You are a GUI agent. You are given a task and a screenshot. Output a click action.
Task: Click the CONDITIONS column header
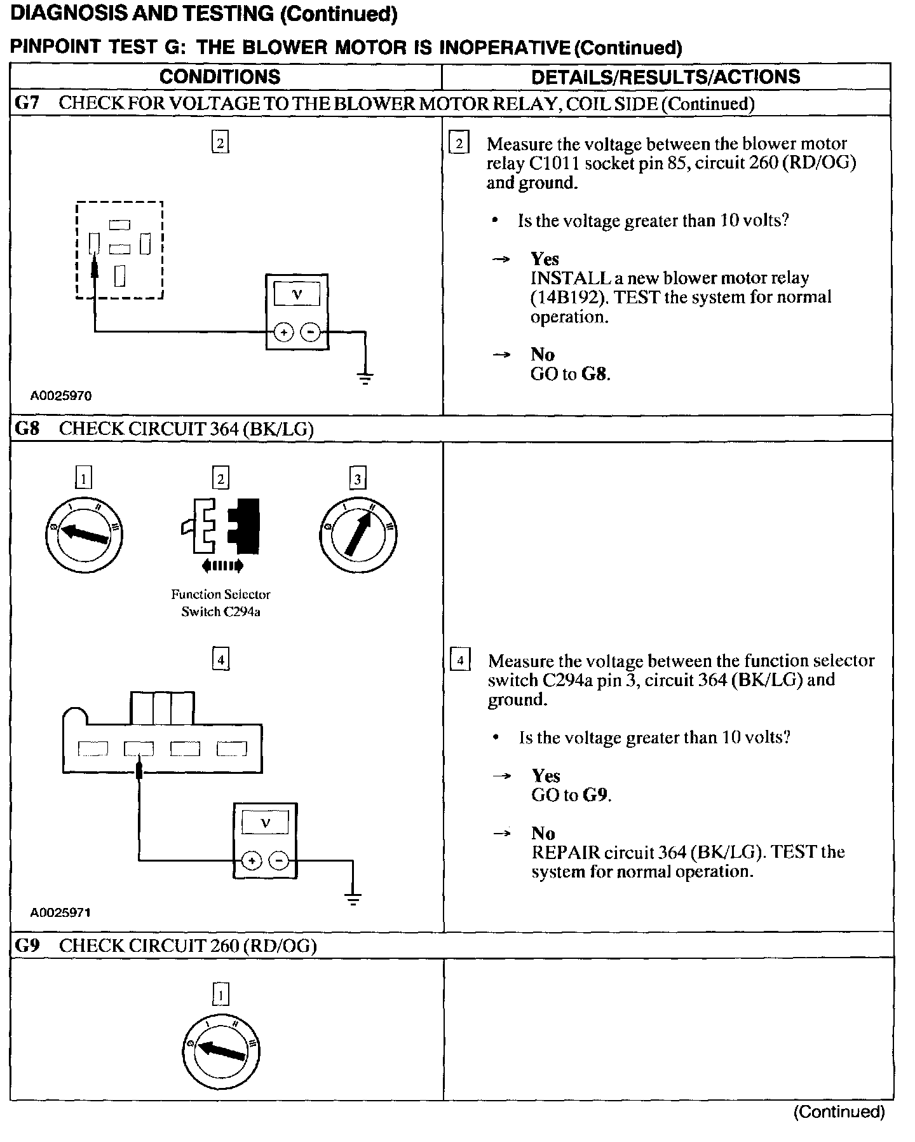(x=220, y=77)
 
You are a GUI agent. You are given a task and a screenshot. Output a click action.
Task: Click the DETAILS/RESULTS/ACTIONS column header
(x=665, y=77)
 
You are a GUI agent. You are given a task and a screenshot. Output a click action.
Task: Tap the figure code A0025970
(x=61, y=396)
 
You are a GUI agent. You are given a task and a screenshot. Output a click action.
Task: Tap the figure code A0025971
(x=61, y=912)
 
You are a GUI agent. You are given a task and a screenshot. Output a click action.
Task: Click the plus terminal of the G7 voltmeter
(x=283, y=332)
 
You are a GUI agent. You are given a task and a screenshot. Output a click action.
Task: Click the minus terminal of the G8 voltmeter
(x=279, y=861)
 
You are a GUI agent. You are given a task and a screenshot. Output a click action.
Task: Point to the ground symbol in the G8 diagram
(x=353, y=899)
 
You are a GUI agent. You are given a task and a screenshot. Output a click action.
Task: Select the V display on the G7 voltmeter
(x=297, y=294)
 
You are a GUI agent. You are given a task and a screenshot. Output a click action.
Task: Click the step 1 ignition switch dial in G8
(x=84, y=534)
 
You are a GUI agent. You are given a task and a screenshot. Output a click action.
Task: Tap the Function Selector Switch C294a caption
(x=220, y=603)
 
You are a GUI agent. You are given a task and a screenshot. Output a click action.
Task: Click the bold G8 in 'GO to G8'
(x=595, y=374)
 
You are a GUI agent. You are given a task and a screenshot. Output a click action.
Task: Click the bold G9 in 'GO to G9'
(x=596, y=795)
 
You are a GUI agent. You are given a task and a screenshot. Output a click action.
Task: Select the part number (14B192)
(x=566, y=298)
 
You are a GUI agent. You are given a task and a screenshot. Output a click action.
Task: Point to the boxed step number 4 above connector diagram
(x=220, y=659)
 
